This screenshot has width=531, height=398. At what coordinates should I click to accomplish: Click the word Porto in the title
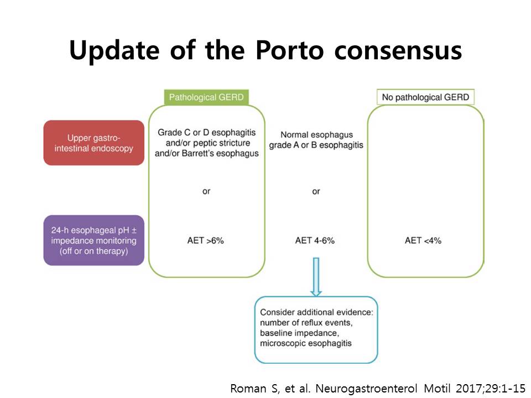point(289,50)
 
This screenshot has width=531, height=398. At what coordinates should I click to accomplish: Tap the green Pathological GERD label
point(206,97)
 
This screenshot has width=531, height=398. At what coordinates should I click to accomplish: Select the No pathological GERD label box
point(425,97)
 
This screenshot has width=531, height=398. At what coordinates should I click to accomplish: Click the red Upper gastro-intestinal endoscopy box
point(94,143)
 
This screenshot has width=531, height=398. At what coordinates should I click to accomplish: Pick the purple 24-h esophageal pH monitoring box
point(94,240)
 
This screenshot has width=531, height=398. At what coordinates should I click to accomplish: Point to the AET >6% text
point(206,240)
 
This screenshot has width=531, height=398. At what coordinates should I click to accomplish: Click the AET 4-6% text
point(315,240)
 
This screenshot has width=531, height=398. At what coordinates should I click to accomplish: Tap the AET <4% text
point(423,240)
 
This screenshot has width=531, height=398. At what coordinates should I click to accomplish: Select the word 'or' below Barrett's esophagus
point(206,192)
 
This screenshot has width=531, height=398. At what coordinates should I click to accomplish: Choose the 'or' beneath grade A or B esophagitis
point(316,192)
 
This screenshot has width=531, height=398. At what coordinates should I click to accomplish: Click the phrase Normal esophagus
point(316,135)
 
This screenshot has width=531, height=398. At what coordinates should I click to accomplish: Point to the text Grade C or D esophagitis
point(206,132)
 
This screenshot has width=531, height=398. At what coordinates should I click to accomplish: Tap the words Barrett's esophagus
point(221,153)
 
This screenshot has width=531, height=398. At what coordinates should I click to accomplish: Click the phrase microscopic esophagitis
point(306,343)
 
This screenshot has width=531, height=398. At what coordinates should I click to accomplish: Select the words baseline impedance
point(299,333)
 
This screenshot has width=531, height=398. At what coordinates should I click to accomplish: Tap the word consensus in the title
point(398,51)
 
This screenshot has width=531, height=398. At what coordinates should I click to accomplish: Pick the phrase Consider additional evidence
point(316,312)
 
